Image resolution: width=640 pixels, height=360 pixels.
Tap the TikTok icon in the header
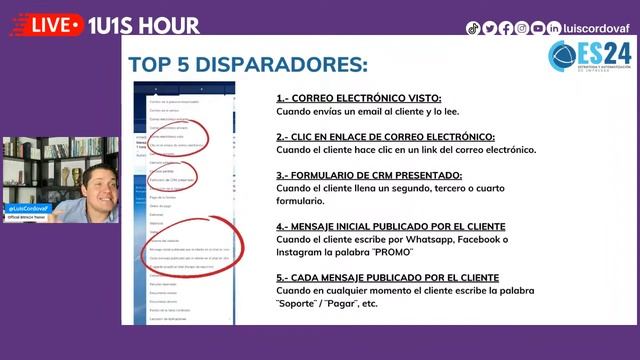[x=473, y=28]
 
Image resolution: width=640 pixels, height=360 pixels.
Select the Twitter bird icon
[x=489, y=28]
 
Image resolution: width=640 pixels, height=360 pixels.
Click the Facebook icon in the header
[x=505, y=28]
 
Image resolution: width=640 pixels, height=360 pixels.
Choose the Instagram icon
[x=522, y=28]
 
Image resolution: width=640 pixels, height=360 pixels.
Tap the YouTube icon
[x=538, y=28]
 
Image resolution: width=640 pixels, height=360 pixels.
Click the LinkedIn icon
[x=554, y=28]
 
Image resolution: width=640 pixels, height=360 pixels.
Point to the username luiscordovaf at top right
[x=598, y=28]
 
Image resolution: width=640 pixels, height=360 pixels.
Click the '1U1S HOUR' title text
[x=144, y=25]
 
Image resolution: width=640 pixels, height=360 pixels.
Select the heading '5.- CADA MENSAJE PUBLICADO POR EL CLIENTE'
[x=388, y=277]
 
